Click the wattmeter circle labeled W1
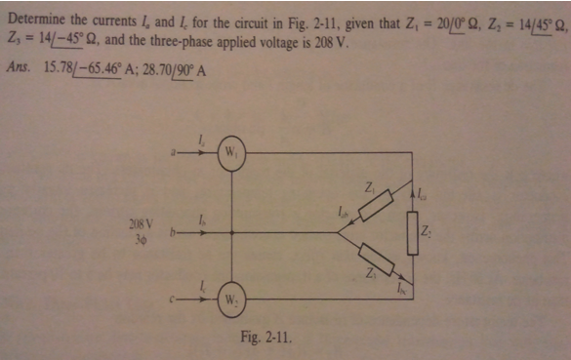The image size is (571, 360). (x=231, y=153)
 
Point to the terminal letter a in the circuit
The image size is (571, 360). (x=172, y=152)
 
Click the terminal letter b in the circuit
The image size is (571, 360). (x=172, y=233)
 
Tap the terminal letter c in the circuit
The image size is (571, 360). (x=173, y=298)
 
